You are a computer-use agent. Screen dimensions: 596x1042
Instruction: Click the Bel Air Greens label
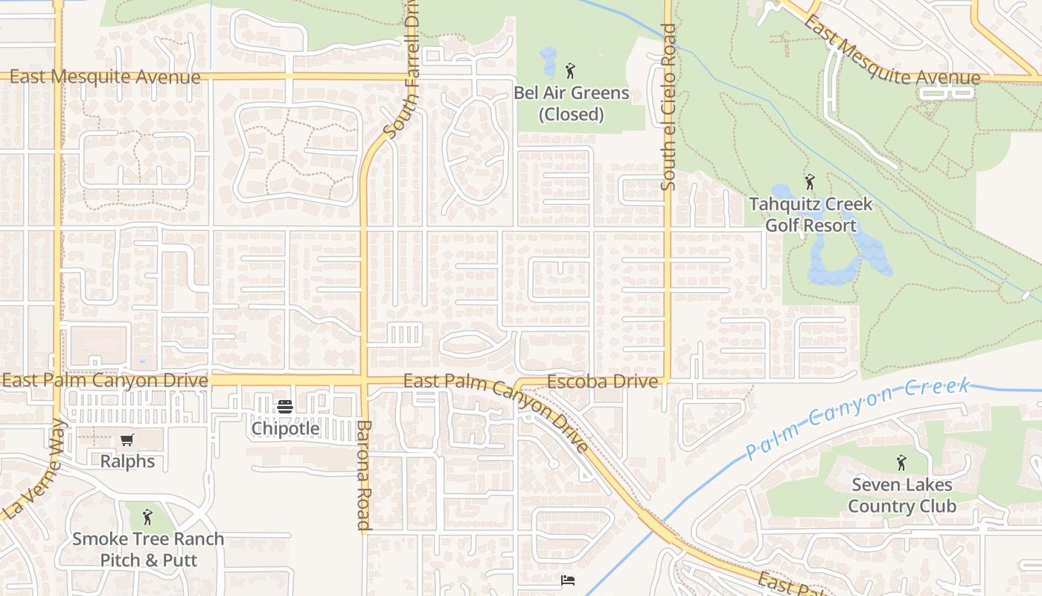(571, 94)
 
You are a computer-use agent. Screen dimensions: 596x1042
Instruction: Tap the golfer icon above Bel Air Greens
(570, 72)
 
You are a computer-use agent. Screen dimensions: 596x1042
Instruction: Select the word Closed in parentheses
(571, 115)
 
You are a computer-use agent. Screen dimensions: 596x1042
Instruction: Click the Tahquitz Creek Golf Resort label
(810, 215)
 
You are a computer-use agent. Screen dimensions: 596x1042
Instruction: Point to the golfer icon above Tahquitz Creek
(810, 182)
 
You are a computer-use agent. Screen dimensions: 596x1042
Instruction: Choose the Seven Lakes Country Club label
(901, 495)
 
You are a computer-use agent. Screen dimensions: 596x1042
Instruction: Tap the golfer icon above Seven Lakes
(901, 463)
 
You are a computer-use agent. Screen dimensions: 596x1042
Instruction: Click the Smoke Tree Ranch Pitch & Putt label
(148, 549)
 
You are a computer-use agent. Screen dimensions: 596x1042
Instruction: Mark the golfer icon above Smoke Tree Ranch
(147, 516)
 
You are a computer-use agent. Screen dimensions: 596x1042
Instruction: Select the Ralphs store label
(128, 461)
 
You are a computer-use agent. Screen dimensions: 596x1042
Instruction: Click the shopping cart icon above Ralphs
(127, 440)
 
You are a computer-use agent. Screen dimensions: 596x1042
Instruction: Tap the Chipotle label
(285, 428)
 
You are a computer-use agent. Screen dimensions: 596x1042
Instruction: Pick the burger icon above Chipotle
(285, 407)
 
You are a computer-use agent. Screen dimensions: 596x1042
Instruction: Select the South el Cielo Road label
(668, 107)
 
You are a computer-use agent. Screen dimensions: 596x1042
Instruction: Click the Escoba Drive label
(602, 381)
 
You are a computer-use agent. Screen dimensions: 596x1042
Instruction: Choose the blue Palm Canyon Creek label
(858, 419)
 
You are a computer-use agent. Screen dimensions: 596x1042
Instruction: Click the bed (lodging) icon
(568, 580)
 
